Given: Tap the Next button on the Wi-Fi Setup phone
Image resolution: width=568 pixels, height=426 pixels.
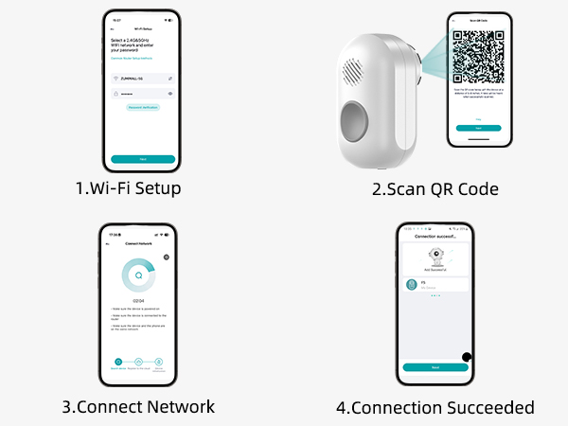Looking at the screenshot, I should click(143, 158).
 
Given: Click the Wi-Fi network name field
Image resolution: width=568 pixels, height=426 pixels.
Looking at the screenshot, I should click(143, 78).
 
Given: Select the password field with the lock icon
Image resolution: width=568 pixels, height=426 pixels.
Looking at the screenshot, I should click(143, 95).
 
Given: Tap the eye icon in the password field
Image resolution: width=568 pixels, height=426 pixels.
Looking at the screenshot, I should click(170, 95).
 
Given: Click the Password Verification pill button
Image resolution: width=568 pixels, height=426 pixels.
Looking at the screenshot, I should click(143, 109).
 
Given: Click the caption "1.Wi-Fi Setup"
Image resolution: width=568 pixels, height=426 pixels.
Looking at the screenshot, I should click(128, 188).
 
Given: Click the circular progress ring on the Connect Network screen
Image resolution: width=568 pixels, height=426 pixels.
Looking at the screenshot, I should click(138, 277).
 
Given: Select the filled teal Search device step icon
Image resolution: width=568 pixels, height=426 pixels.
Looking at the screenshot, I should click(118, 362).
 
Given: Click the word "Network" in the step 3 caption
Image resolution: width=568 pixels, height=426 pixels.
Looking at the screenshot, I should click(183, 407).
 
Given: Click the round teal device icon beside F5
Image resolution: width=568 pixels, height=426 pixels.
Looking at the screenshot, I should click(412, 284).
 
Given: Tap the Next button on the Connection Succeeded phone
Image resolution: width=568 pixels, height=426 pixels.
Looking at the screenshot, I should click(435, 366).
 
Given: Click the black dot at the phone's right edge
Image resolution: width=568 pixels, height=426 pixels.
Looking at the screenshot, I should click(467, 357).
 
